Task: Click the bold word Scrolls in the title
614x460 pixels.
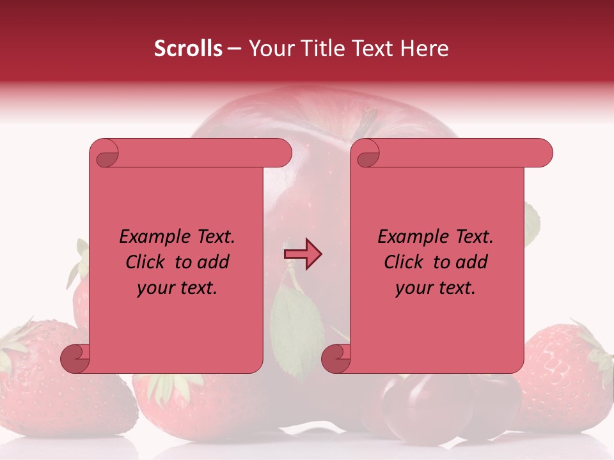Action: tap(188, 49)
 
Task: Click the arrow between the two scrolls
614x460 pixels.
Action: tap(303, 254)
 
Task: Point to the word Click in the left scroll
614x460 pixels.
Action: tap(140, 262)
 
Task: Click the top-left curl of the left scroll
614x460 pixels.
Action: tap(105, 154)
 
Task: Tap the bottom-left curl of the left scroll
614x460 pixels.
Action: tap(75, 358)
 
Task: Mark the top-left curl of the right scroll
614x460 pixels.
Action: tap(366, 154)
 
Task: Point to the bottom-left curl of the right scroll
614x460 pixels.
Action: tap(336, 358)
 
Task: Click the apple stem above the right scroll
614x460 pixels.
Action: tap(367, 123)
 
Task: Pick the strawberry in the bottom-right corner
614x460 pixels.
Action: tap(563, 377)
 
